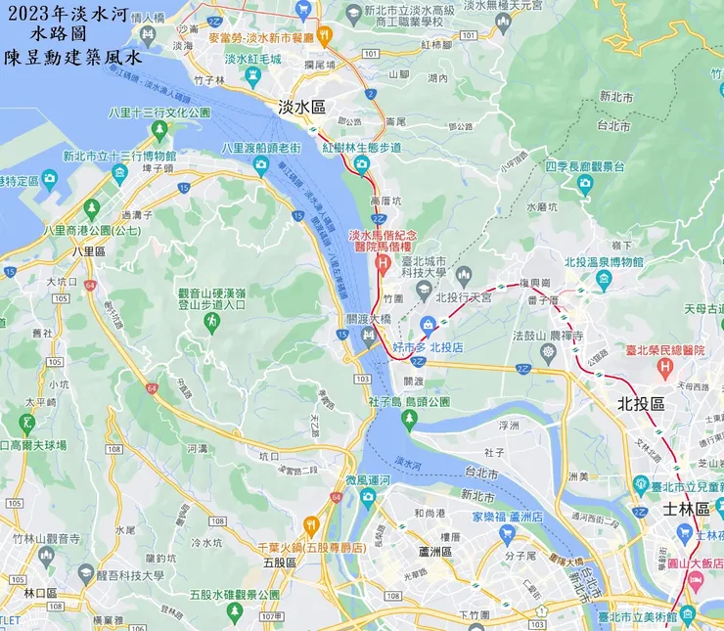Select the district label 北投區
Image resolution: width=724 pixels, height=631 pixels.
[x=641, y=403]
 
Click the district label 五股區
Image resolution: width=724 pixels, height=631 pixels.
[x=281, y=563]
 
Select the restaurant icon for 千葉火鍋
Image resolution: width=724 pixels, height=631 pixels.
[x=311, y=522]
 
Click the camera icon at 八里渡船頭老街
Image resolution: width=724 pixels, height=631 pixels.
[x=261, y=164]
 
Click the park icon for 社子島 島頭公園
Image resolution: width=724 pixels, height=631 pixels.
[x=409, y=418]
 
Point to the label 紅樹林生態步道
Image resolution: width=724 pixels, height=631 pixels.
[x=361, y=147]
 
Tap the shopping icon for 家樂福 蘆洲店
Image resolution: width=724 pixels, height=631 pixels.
[x=507, y=534]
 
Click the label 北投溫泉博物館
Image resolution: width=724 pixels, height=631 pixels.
[x=604, y=262]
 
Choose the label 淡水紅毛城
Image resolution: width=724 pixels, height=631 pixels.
[x=251, y=59]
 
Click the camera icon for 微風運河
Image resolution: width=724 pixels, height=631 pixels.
[x=368, y=497]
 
